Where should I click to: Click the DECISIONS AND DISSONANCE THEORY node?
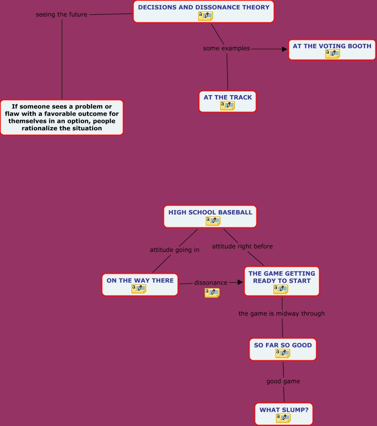pyautogui.click(x=203, y=7)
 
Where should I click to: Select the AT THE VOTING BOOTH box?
pyautogui.click(x=332, y=46)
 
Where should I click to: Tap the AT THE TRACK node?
pyautogui.click(x=228, y=98)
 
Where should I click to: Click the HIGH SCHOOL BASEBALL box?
pyautogui.click(x=210, y=213)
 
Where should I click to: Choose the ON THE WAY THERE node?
pyautogui.click(x=140, y=281)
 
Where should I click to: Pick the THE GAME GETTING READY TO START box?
pyautogui.click(x=281, y=277)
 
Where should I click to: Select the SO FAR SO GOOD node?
pyautogui.click(x=282, y=345)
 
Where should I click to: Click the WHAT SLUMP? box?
pyautogui.click(x=283, y=410)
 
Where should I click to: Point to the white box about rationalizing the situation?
pyautogui.click(x=62, y=117)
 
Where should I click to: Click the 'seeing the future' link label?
pyautogui.click(x=61, y=14)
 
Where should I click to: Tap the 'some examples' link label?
pyautogui.click(x=227, y=48)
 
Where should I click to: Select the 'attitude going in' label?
pyautogui.click(x=174, y=250)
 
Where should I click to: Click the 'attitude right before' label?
pyautogui.click(x=243, y=246)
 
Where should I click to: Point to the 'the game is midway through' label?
pyautogui.click(x=281, y=314)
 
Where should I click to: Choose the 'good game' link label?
pyautogui.click(x=283, y=381)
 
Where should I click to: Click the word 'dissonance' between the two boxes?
pyautogui.click(x=211, y=283)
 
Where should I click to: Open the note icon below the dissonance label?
pyautogui.click(x=212, y=293)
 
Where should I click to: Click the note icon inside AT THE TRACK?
pyautogui.click(x=227, y=106)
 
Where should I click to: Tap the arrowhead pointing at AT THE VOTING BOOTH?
pyautogui.click(x=284, y=49)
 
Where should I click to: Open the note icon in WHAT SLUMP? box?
pyautogui.click(x=283, y=418)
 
